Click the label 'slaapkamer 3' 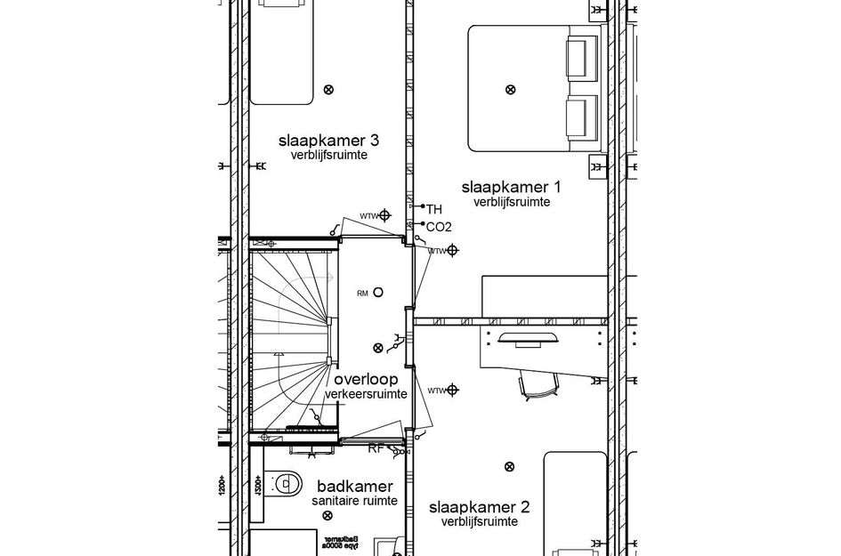click(328, 141)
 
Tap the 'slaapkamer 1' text click(511, 187)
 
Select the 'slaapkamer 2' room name click(479, 507)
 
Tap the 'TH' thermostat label click(433, 209)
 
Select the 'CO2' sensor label click(439, 227)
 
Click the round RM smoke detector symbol click(378, 292)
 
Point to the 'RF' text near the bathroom click(376, 448)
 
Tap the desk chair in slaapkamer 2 click(538, 383)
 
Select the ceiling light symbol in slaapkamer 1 click(510, 89)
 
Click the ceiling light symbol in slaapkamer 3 click(328, 89)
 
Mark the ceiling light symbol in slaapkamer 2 click(509, 466)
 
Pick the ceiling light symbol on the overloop click(378, 348)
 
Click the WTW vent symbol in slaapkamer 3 click(384, 215)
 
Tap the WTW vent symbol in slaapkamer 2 click(452, 390)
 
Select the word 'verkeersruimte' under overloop click(366, 394)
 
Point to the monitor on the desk click(528, 338)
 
